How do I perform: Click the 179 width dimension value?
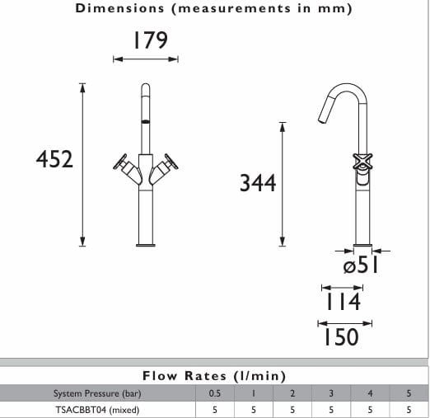[x=145, y=40]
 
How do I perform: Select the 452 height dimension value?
[x=55, y=159]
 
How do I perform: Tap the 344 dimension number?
[x=257, y=183]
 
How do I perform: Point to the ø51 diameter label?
[x=359, y=266]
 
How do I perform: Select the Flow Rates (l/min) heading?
[x=213, y=376]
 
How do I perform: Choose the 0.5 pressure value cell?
[x=214, y=393]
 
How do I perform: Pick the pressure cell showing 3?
[x=331, y=393]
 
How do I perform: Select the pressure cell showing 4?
[x=370, y=393]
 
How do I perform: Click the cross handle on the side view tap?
[x=362, y=162]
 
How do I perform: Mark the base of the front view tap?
[x=146, y=242]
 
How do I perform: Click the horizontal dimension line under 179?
[x=145, y=59]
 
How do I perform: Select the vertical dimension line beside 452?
[x=82, y=162]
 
